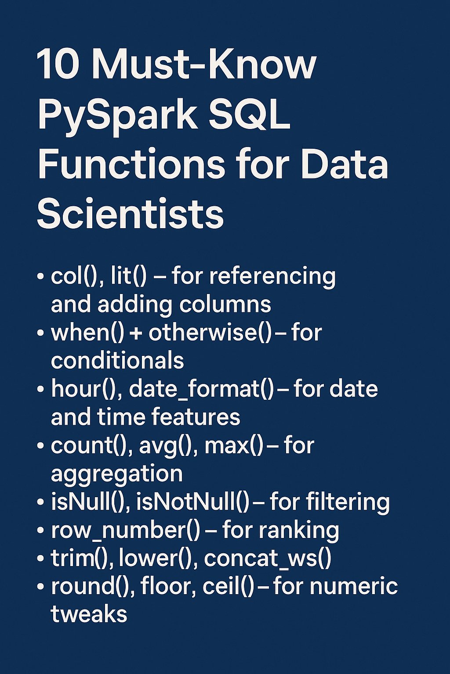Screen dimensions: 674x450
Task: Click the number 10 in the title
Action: (x=58, y=65)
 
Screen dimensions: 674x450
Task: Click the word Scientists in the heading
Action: (x=131, y=214)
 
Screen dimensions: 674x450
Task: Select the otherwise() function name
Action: (x=210, y=333)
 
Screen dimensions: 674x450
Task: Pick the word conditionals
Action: (x=117, y=361)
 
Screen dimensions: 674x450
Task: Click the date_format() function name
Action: (x=202, y=389)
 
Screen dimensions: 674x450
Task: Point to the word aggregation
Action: (x=116, y=474)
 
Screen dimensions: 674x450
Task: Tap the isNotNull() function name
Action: (x=193, y=502)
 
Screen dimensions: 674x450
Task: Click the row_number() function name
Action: (x=126, y=531)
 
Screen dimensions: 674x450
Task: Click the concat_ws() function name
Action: (x=268, y=559)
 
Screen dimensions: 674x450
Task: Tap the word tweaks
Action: (x=89, y=614)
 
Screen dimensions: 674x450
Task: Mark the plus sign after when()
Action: (x=136, y=333)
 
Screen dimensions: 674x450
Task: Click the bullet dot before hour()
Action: (x=41, y=390)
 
